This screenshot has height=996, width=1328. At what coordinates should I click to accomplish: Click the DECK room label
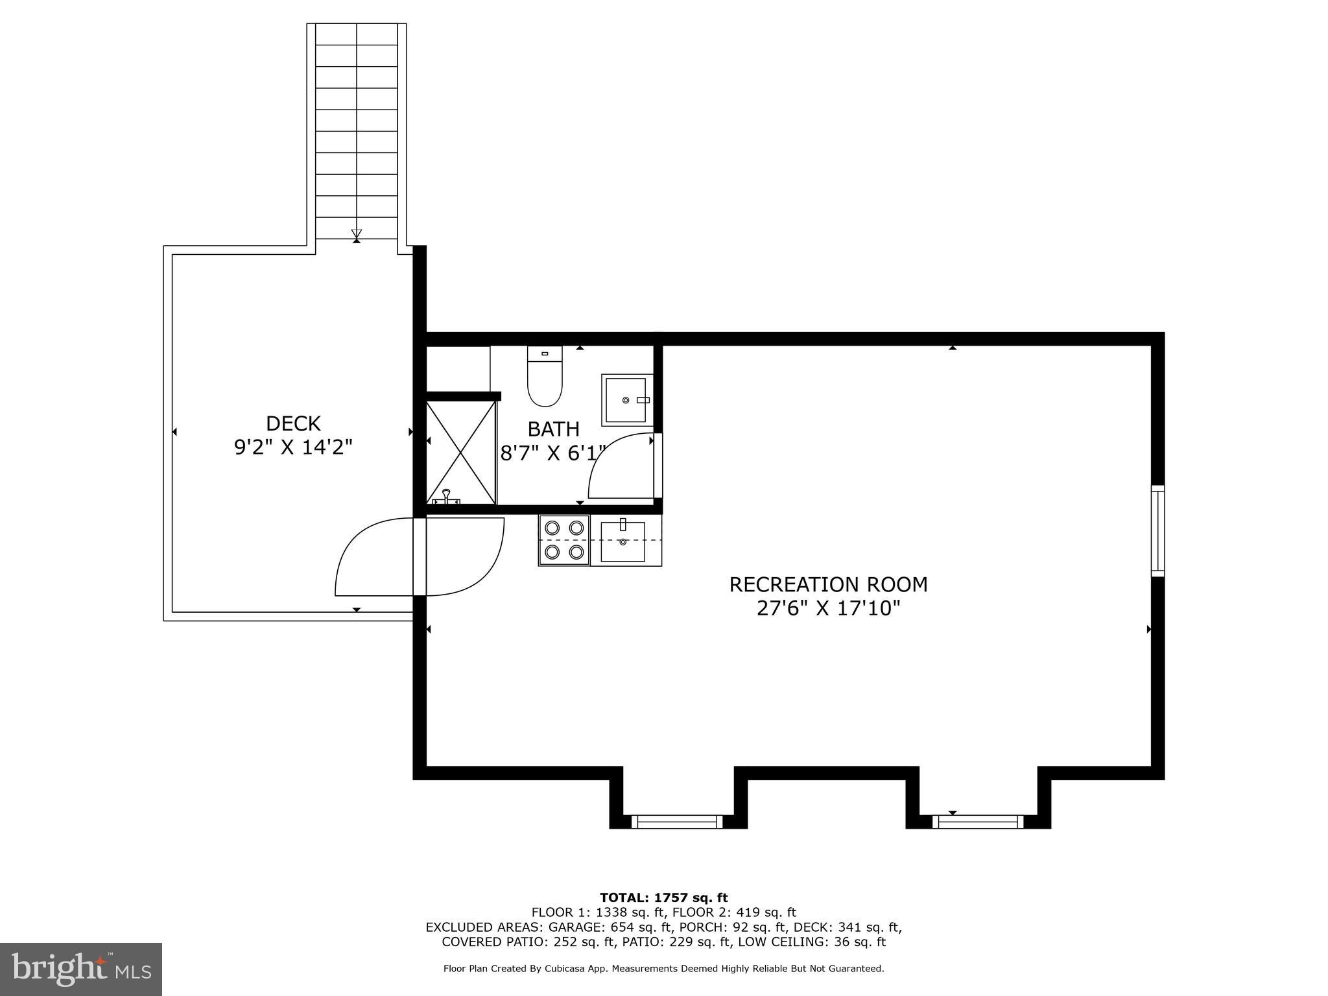[293, 423]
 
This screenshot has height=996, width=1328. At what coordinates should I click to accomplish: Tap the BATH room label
[553, 429]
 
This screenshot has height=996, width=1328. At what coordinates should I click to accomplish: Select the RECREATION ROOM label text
[828, 584]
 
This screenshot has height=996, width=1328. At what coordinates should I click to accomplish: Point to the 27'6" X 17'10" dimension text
[828, 608]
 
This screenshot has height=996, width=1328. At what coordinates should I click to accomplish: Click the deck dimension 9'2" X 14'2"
[293, 447]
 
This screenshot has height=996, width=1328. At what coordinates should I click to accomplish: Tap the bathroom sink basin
[626, 400]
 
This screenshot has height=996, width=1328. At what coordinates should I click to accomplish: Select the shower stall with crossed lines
[461, 452]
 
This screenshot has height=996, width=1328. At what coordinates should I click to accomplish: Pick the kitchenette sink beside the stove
[622, 541]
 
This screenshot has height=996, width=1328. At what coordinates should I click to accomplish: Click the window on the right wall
[1157, 530]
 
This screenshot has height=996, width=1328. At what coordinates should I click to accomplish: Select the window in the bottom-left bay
[676, 822]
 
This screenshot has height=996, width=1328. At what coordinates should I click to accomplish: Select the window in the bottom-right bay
[977, 822]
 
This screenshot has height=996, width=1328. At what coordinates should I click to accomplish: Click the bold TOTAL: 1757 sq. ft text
[663, 897]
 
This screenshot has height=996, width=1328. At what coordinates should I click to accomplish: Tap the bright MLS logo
[81, 969]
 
